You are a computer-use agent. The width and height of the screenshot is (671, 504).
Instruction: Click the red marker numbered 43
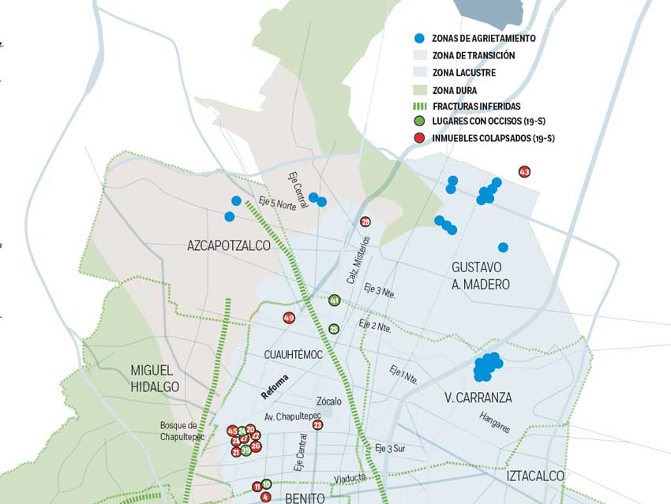pyautogui.click(x=524, y=172)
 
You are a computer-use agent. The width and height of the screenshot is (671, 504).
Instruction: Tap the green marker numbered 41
pyautogui.click(x=334, y=301)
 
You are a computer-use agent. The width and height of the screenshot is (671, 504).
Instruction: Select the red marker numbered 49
pyautogui.click(x=289, y=318)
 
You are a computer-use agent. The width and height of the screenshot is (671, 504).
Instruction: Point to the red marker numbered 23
pyautogui.click(x=317, y=425)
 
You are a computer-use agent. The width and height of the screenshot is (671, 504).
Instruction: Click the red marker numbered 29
pyautogui.click(x=365, y=222)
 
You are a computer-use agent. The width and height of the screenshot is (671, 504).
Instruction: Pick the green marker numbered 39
pyautogui.click(x=246, y=450)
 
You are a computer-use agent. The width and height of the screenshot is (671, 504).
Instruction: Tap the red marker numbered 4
pyautogui.click(x=265, y=497)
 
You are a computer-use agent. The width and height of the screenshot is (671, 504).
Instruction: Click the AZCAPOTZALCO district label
pyautogui.click(x=228, y=246)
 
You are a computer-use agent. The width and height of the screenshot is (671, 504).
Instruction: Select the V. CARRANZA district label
pyautogui.click(x=478, y=398)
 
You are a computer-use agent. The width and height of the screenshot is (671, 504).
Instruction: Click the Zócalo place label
pyautogui.click(x=329, y=401)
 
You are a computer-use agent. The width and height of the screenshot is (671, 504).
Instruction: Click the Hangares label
pyautogui.click(x=494, y=422)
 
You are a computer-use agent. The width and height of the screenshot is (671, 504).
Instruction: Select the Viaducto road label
pyautogui.click(x=350, y=479)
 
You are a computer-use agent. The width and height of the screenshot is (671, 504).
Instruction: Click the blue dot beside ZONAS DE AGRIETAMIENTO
pyautogui.click(x=419, y=39)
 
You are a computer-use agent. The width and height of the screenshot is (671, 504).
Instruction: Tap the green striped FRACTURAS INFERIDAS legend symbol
pyautogui.click(x=419, y=106)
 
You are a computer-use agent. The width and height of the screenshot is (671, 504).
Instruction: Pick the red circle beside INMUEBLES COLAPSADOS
pyautogui.click(x=419, y=139)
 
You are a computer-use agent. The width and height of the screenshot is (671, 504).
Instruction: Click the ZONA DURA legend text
pyautogui.click(x=454, y=90)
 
